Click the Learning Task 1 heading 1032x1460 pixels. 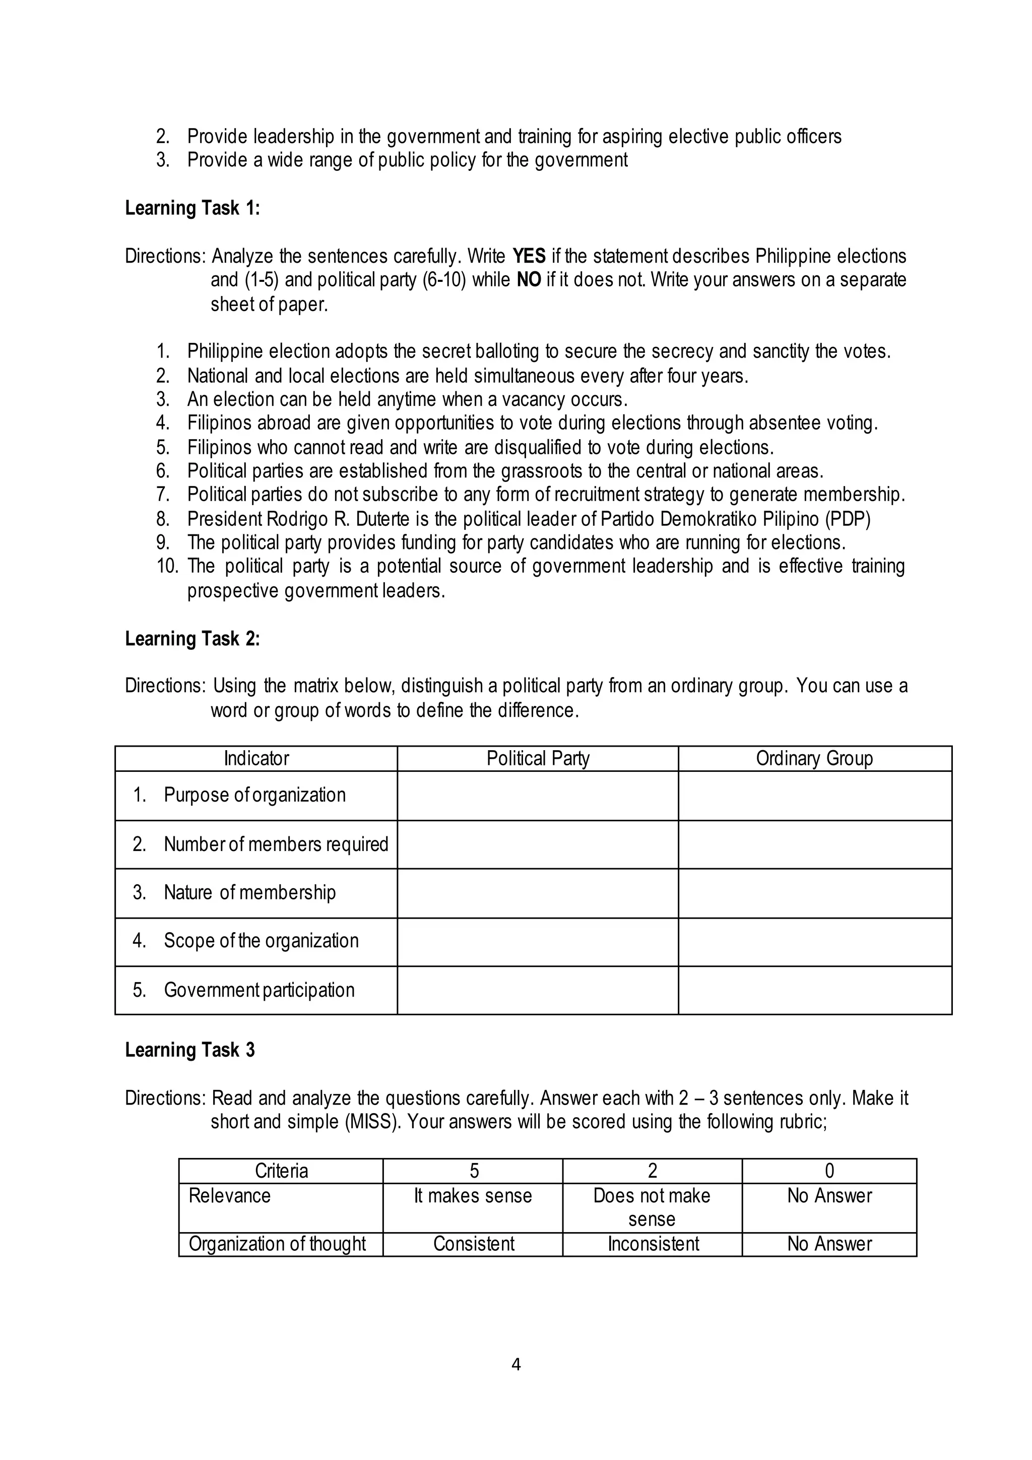click(x=192, y=208)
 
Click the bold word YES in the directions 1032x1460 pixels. click(x=529, y=256)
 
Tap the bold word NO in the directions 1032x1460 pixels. click(x=529, y=280)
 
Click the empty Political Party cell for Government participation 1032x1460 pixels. click(x=538, y=990)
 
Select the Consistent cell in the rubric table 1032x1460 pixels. click(x=474, y=1243)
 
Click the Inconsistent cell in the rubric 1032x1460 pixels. click(x=653, y=1243)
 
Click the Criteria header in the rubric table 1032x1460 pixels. click(x=281, y=1171)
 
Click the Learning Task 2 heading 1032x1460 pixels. click(x=192, y=638)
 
